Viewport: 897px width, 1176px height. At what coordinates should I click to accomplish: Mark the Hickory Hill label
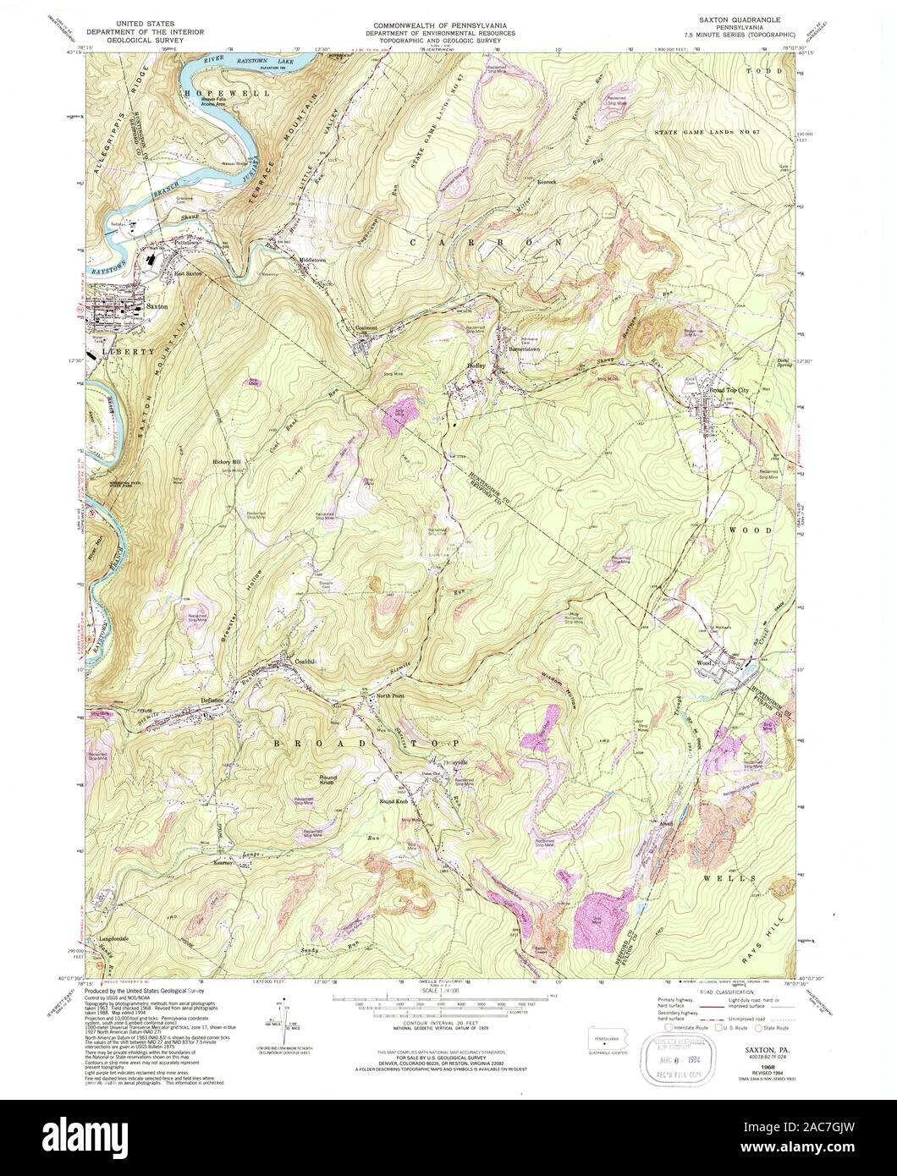point(226,462)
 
